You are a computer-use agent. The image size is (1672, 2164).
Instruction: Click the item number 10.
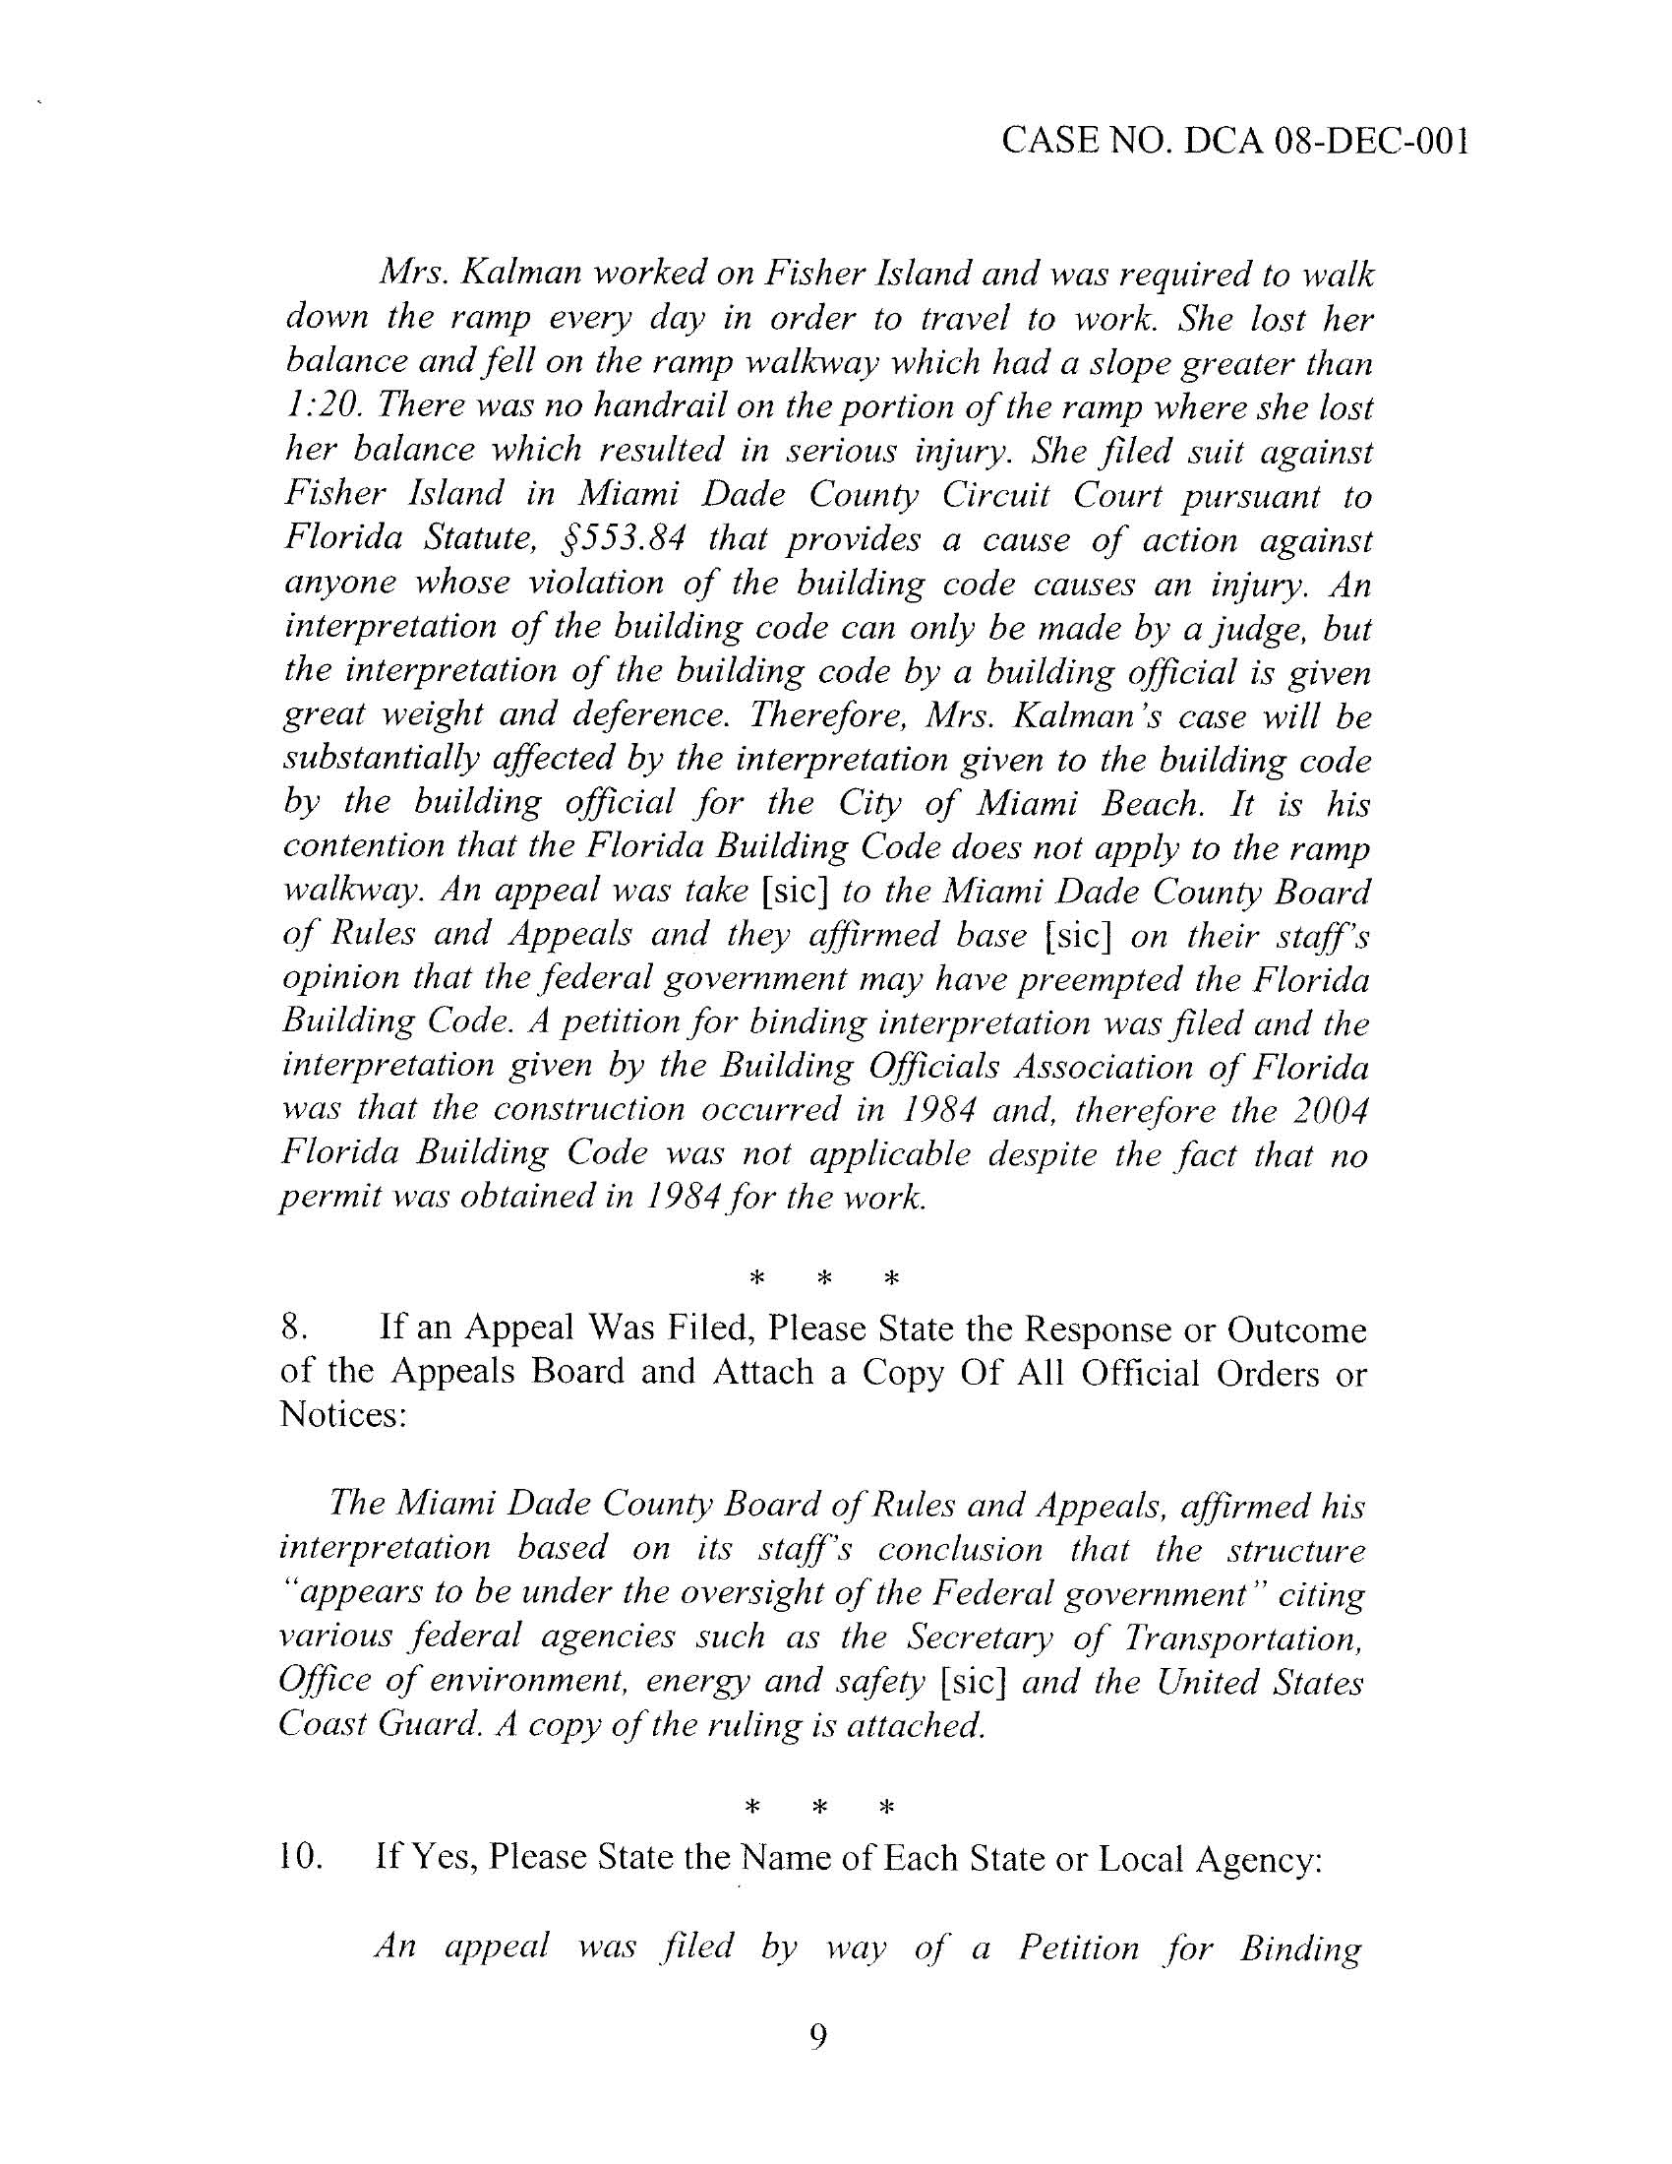coord(302,1857)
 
